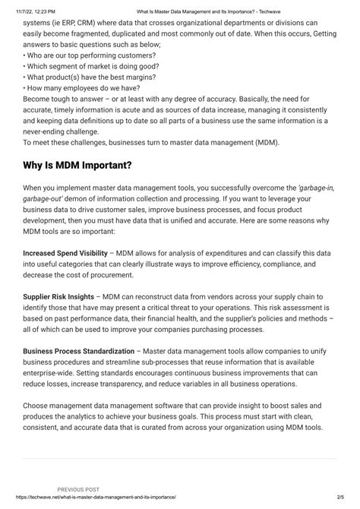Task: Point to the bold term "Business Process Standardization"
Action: coord(78,352)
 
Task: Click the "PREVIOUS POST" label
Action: coord(79,490)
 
